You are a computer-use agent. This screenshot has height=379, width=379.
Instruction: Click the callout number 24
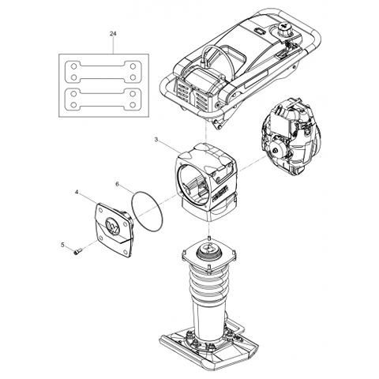pos(113,34)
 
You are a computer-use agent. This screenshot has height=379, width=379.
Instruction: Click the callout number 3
pos(156,140)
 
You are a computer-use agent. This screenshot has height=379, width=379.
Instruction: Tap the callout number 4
pos(77,193)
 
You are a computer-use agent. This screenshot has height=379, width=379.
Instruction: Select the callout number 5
pos(62,245)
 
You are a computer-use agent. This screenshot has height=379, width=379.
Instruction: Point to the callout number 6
pos(118,184)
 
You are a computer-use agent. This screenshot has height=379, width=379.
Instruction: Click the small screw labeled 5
pos(78,252)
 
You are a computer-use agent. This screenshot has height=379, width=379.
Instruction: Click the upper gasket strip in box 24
pos(103,71)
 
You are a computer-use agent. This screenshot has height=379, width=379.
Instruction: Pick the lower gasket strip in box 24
pos(103,99)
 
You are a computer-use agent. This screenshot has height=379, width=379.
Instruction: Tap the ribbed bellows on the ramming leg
pos(208,283)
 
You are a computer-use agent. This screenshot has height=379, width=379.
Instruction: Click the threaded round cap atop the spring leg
pos(208,251)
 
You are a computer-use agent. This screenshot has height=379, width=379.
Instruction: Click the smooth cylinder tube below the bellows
pos(208,316)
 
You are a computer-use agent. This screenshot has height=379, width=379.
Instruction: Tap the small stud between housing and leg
pos(208,238)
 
